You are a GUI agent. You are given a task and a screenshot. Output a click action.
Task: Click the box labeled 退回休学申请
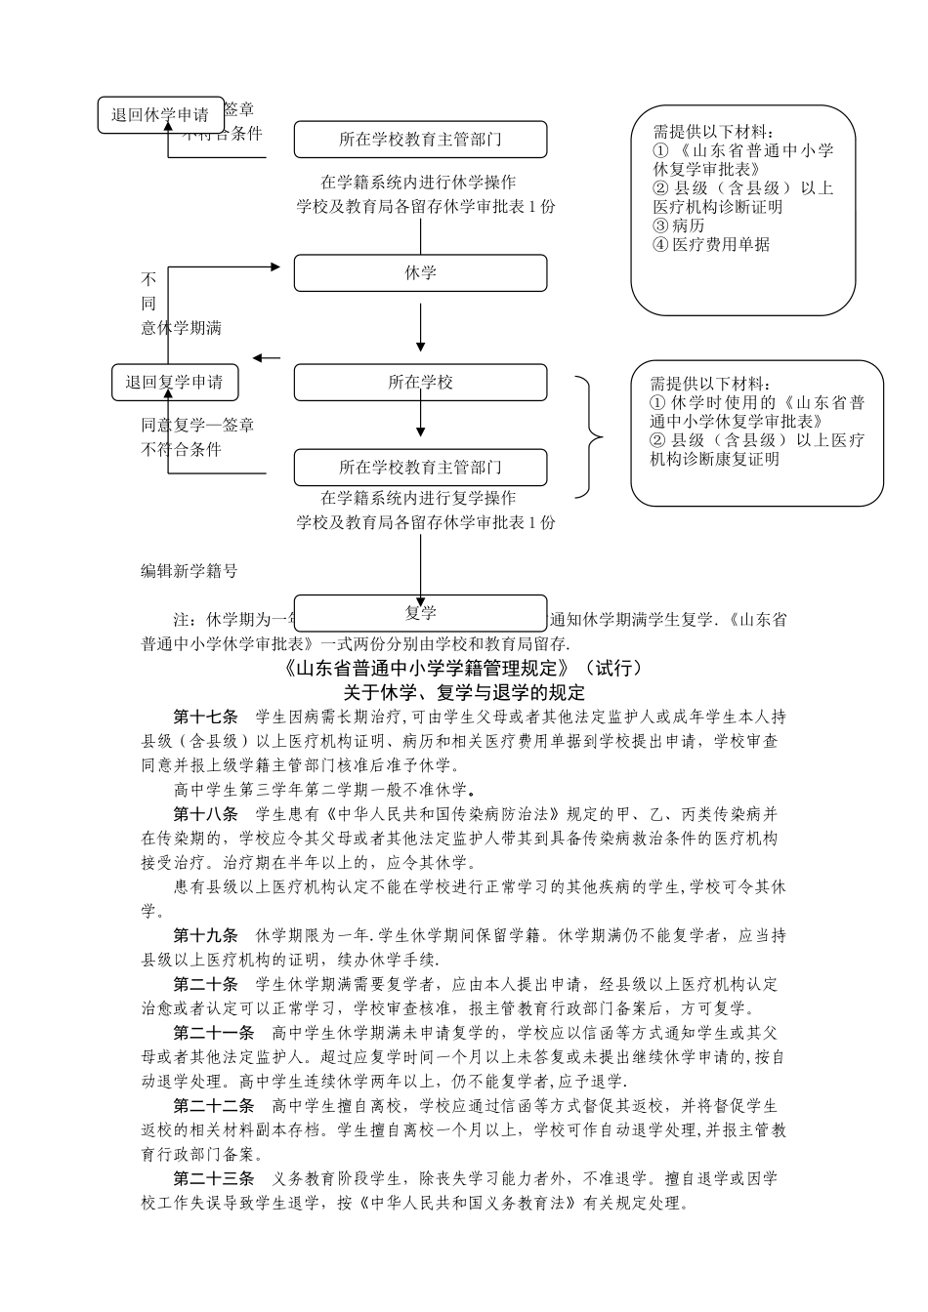pyautogui.click(x=160, y=115)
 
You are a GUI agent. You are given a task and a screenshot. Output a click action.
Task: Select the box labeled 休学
pyautogui.click(x=420, y=273)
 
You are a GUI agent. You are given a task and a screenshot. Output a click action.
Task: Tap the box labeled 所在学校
pyautogui.click(x=420, y=383)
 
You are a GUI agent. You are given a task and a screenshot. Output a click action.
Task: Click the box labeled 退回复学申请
pyautogui.click(x=174, y=383)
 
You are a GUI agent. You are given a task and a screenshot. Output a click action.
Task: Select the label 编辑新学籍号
pyautogui.click(x=189, y=571)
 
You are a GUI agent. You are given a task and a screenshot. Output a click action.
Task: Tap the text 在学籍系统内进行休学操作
pyautogui.click(x=419, y=183)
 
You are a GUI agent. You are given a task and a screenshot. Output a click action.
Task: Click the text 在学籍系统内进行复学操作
pyautogui.click(x=419, y=498)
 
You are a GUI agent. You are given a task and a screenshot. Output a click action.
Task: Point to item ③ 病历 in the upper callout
pyautogui.click(x=679, y=225)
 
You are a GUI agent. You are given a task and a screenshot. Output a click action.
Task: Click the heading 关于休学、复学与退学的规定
pyautogui.click(x=464, y=693)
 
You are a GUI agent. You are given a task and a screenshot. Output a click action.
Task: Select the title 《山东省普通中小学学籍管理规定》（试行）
pyautogui.click(x=464, y=669)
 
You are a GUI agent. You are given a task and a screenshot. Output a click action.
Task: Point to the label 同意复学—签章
pyautogui.click(x=198, y=426)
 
